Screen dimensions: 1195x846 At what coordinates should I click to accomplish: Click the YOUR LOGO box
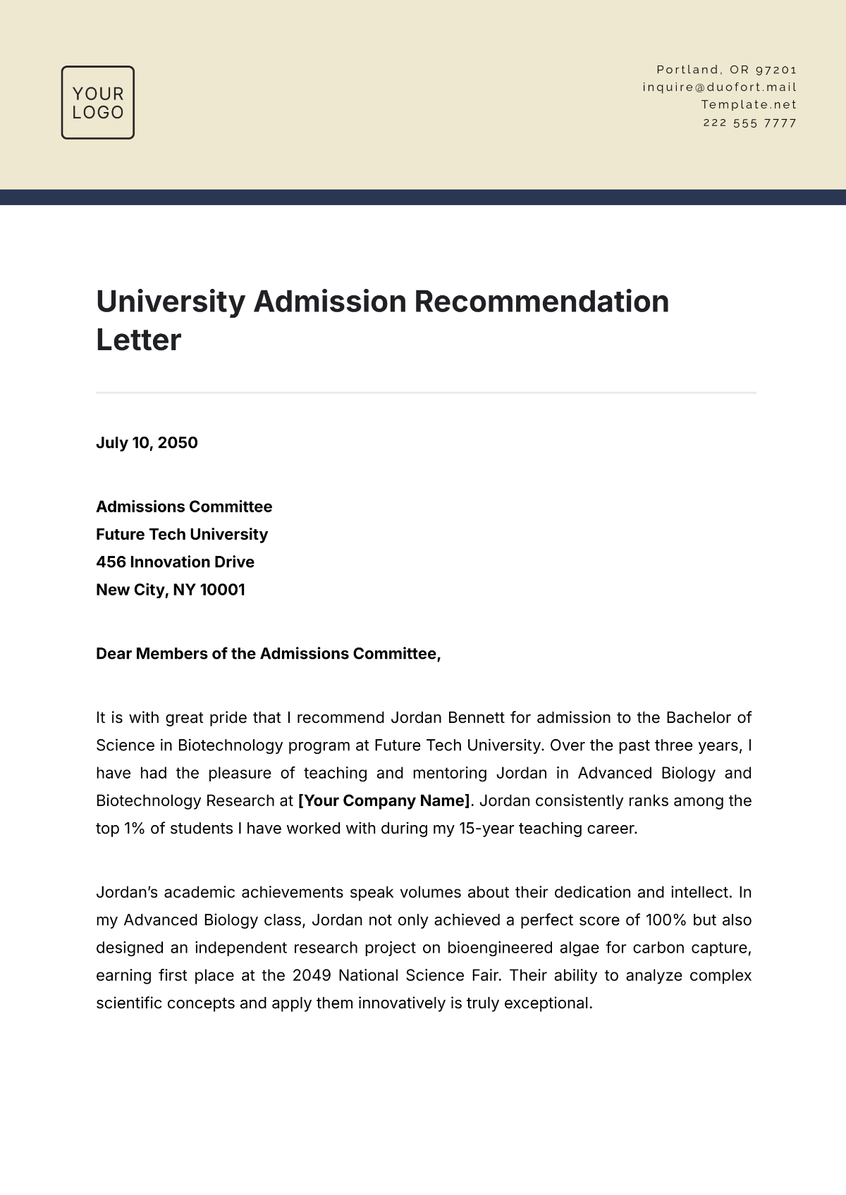98,103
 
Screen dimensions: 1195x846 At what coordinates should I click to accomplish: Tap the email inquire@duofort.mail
719,87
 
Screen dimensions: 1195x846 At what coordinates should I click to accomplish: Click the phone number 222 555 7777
749,123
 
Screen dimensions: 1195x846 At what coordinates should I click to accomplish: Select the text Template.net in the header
749,105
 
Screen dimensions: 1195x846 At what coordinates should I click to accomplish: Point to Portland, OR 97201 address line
726,70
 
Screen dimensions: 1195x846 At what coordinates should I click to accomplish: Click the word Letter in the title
139,340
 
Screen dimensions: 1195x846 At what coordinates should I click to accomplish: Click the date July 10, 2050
147,443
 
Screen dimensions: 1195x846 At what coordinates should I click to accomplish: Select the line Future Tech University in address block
182,535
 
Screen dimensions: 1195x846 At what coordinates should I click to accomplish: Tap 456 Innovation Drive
175,562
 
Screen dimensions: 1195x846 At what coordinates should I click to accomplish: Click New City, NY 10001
171,590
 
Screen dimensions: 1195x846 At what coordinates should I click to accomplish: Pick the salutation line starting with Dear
268,654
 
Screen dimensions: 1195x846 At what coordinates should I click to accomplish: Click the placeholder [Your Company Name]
384,801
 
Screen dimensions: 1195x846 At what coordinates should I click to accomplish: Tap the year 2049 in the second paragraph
311,976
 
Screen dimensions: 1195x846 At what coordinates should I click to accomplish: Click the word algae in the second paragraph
578,948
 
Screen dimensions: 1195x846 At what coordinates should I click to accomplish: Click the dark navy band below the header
423,197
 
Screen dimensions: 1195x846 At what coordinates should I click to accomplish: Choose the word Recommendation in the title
541,302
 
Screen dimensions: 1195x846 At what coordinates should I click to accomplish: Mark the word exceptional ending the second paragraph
548,1003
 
